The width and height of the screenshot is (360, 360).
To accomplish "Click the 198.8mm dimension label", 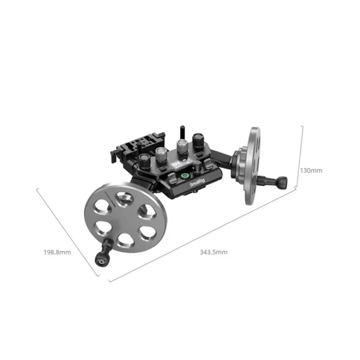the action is [x=57, y=252].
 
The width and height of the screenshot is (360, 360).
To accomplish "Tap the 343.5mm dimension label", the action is [x=214, y=252].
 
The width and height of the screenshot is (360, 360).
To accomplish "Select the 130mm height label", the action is [x=311, y=170].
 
